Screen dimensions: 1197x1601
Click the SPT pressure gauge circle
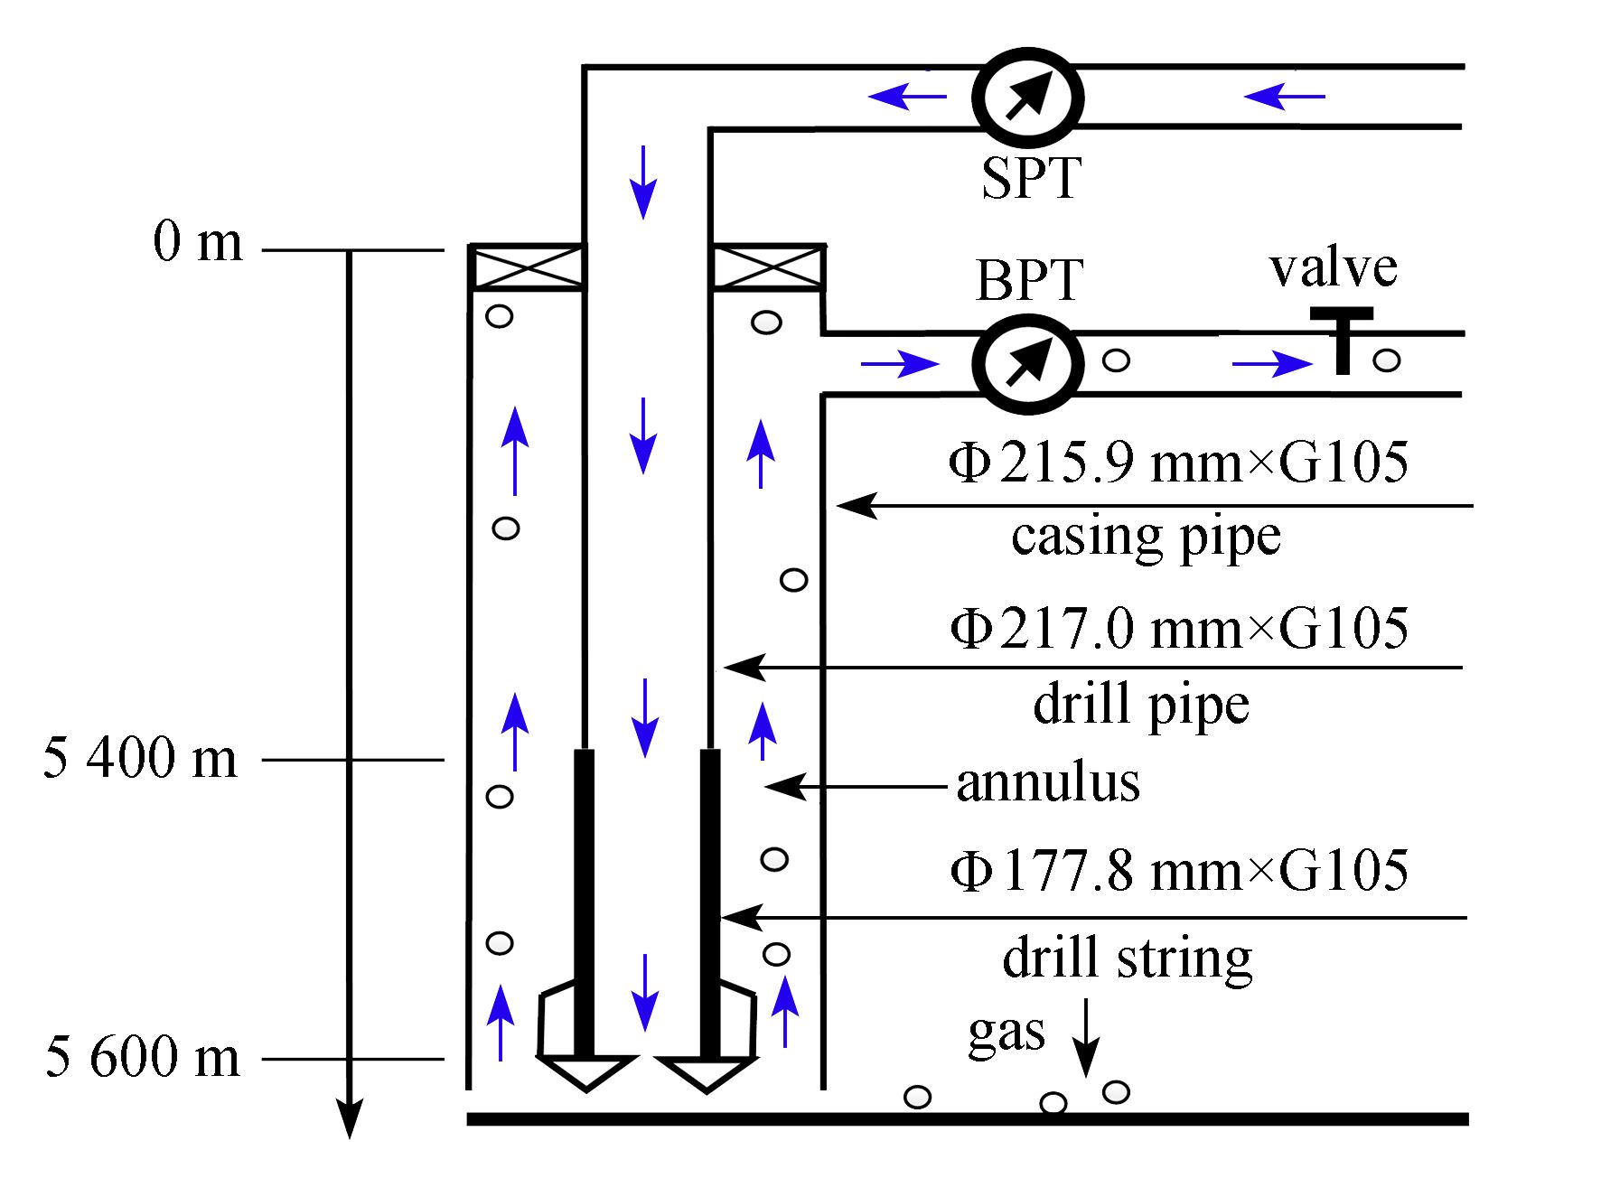tap(1028, 98)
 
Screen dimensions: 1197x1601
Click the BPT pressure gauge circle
tap(1028, 363)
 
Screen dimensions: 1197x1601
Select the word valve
tap(1333, 268)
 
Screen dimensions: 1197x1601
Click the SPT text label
tap(1031, 178)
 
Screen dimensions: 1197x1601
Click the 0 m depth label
tap(198, 242)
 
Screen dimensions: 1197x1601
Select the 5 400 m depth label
tap(140, 758)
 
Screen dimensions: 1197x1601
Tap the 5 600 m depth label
tap(143, 1056)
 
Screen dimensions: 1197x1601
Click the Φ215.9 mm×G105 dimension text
tap(1178, 463)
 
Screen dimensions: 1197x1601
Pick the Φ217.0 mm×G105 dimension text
tap(1178, 628)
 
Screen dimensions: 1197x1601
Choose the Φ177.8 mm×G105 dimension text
tap(1178, 871)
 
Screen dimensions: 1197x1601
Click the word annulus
tap(1047, 782)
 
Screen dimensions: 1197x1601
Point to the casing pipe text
tap(1146, 538)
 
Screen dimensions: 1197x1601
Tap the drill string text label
tap(1127, 959)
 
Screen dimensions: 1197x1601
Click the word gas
tap(1006, 1033)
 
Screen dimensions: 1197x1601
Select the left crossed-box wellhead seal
tap(527, 267)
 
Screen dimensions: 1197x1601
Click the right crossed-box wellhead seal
tap(767, 267)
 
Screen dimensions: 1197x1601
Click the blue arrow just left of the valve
tap(1272, 364)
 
